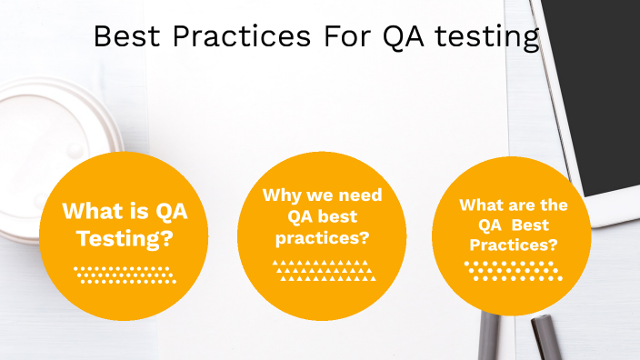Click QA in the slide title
(405, 37)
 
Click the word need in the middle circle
(358, 195)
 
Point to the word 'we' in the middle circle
(315, 195)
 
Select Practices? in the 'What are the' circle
(513, 245)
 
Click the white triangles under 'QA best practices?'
(324, 270)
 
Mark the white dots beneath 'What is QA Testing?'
(124, 275)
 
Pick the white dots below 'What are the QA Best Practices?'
(513, 271)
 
